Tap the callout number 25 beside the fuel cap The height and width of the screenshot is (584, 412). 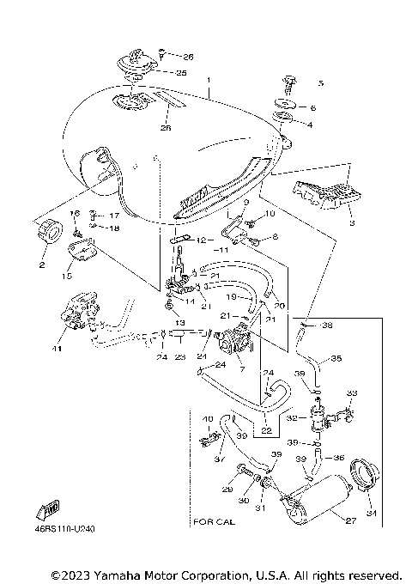tap(181, 73)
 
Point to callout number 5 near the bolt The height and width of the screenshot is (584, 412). tap(320, 83)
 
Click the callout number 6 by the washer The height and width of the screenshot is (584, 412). tap(312, 108)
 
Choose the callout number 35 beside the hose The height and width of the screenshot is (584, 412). tap(336, 358)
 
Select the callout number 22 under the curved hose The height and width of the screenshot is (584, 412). tap(266, 430)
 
